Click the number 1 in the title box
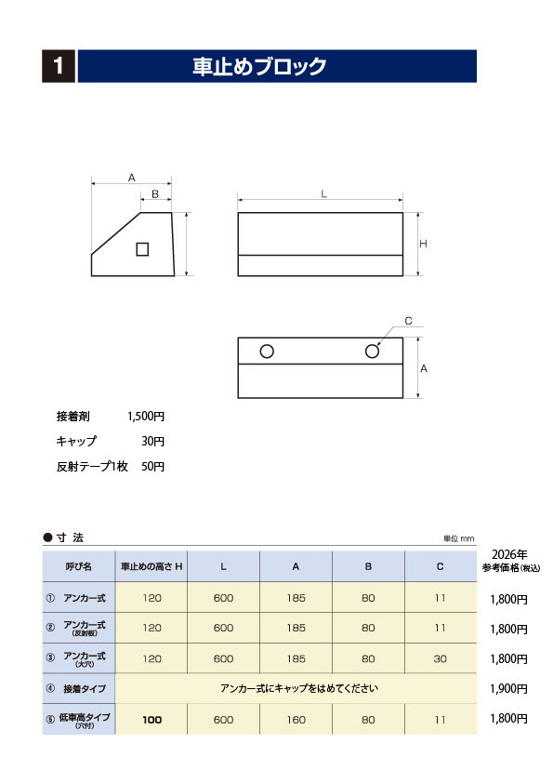click(59, 66)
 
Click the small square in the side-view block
click(142, 248)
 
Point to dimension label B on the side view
click(155, 194)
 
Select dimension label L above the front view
click(323, 193)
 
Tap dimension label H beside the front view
click(423, 244)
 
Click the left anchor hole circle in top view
click(267, 352)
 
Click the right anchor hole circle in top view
click(373, 352)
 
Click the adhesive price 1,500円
click(145, 416)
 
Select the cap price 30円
click(152, 441)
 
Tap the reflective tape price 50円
click(152, 466)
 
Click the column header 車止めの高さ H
click(151, 566)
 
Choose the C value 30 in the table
click(441, 658)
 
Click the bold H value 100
click(152, 719)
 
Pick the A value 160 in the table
click(296, 719)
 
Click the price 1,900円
click(508, 689)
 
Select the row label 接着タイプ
click(84, 689)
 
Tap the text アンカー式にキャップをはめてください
click(299, 689)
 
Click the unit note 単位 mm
click(458, 538)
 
